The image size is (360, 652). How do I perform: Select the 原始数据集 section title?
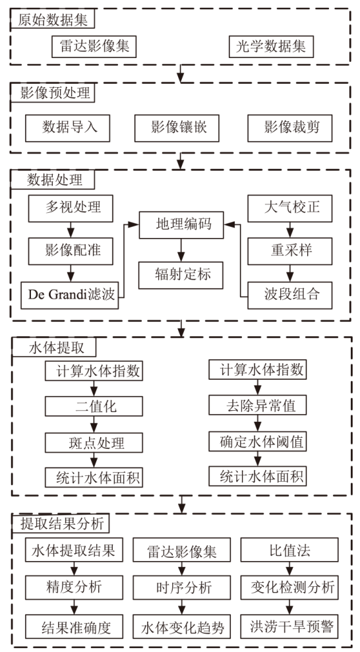(53, 20)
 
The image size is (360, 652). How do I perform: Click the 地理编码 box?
(181, 225)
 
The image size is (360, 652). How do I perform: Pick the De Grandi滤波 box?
(69, 295)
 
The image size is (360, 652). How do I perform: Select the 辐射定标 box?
(181, 275)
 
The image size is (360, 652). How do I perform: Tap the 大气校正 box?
(289, 208)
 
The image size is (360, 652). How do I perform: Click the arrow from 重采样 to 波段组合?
(289, 273)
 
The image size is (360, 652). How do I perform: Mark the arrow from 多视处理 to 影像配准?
(71, 229)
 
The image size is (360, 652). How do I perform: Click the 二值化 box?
(94, 407)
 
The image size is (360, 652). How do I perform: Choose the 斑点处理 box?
(94, 443)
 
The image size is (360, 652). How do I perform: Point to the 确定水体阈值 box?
(257, 442)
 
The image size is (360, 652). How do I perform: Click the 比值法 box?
(289, 550)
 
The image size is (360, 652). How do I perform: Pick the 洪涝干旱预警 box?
(289, 626)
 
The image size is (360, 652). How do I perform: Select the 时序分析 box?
(182, 587)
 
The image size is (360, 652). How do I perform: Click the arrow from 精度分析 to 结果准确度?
(75, 608)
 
